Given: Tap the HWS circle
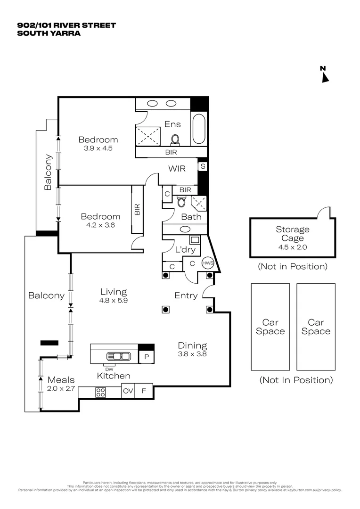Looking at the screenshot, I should tap(208, 263).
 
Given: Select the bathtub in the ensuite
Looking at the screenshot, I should tap(199, 129).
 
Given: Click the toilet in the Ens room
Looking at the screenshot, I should tap(175, 140).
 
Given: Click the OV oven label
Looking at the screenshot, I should tap(128, 391).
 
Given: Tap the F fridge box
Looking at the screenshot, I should tap(144, 391).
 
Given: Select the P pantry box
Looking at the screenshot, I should tap(147, 357).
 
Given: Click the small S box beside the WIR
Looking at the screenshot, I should tap(203, 166).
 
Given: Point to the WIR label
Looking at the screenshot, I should tap(177, 168).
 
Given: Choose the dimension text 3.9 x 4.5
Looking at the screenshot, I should tap(98, 148).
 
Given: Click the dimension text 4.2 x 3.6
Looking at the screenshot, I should tap(100, 225).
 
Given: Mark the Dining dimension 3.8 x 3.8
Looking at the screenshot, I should tap(192, 353).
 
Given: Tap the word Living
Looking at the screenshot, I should tap(113, 292).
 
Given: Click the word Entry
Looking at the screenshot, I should tap(186, 296).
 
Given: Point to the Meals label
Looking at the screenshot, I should tap(61, 380).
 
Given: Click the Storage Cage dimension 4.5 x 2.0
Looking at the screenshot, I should tap(293, 247).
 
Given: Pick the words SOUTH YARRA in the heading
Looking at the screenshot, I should tap(49, 33).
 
